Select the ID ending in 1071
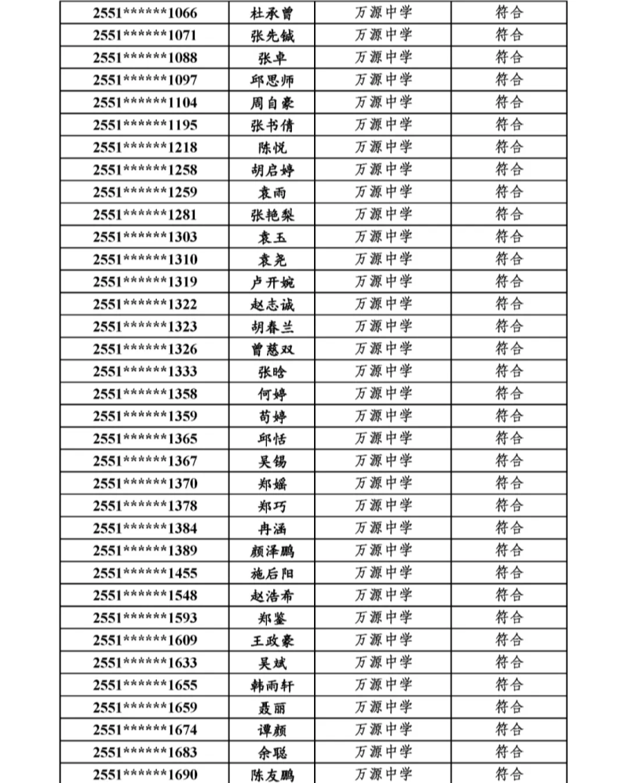(x=145, y=35)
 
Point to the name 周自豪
(x=272, y=103)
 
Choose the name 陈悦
(x=272, y=147)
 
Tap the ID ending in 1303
(x=145, y=237)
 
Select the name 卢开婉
(x=272, y=282)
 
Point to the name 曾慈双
(x=272, y=349)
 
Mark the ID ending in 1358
(x=145, y=394)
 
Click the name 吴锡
(x=272, y=461)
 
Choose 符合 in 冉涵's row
(x=509, y=528)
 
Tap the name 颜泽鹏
(x=272, y=550)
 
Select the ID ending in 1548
(x=145, y=595)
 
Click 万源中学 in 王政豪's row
(x=383, y=639)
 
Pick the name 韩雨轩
(x=272, y=685)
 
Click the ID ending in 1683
(x=145, y=752)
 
